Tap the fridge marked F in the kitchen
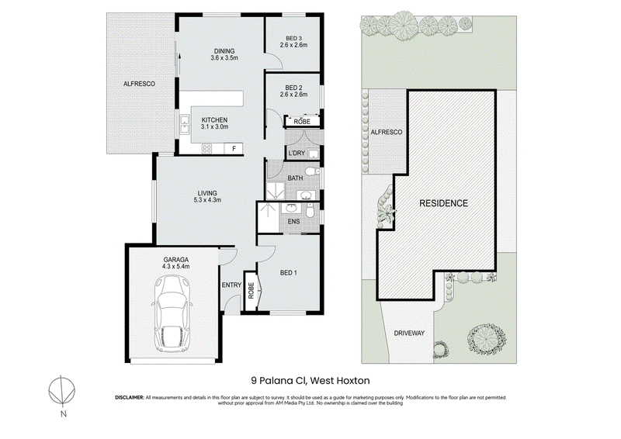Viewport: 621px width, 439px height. coord(234,149)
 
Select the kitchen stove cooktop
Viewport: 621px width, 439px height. coord(206,149)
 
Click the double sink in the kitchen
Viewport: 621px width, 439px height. coord(185,124)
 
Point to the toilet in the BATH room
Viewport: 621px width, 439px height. coord(315,172)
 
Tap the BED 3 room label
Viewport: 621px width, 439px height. coord(293,39)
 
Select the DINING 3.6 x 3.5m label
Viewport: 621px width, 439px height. coord(224,54)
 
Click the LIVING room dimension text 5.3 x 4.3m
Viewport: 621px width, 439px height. coord(207,200)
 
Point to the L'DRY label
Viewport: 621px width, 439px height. coord(297,154)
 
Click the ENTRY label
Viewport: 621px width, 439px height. coord(231,285)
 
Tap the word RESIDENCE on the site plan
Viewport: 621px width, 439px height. coord(443,203)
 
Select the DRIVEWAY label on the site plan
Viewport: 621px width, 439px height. coord(409,334)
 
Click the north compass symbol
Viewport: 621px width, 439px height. coord(62,391)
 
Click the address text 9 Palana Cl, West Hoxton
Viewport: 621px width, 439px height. coord(310,381)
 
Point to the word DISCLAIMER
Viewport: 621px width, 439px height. coord(130,397)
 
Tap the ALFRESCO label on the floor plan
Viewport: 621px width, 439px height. coord(139,84)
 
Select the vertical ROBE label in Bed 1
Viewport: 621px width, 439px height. coord(251,291)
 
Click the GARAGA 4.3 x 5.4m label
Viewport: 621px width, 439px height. coord(176,263)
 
